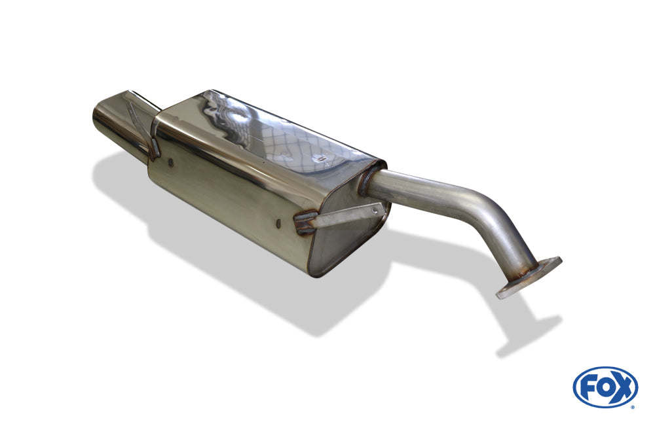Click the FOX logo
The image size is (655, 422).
(x=605, y=387)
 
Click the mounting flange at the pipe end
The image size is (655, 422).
(x=529, y=278)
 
